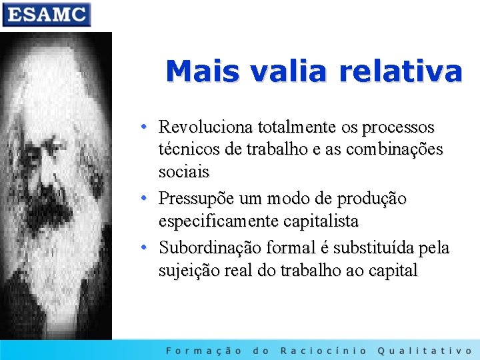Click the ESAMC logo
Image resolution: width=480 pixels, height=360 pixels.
(46, 14)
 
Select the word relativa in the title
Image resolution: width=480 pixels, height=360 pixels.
(400, 71)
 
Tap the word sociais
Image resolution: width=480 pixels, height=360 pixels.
(184, 172)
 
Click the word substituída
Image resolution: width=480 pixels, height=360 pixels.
(370, 248)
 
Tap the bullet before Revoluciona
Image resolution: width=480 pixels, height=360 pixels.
(144, 127)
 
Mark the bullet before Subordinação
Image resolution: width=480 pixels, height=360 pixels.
(144, 248)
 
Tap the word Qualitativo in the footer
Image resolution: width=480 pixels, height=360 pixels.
(424, 350)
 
